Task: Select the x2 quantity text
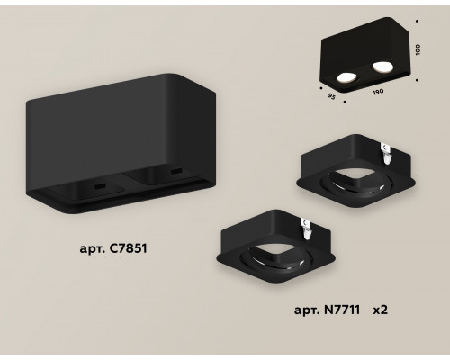tap(380, 310)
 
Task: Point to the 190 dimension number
tap(378, 92)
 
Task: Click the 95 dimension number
tap(331, 96)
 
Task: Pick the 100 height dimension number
tap(418, 49)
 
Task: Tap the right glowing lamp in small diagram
tap(382, 67)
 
